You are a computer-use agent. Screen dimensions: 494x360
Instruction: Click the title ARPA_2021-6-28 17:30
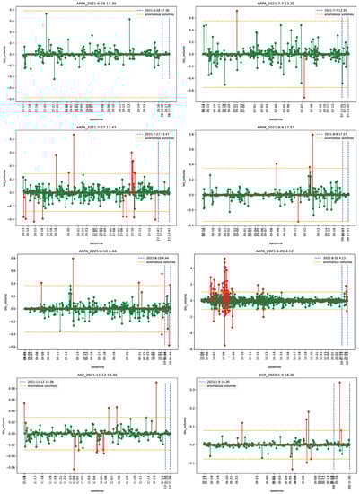pyautogui.click(x=93, y=4)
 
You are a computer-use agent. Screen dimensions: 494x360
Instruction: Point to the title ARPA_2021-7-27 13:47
pyautogui.click(x=93, y=128)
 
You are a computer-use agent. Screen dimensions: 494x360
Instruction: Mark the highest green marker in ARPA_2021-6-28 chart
pyautogui.click(x=47, y=14)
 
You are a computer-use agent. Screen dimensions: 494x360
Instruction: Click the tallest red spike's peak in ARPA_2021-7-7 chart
pyautogui.click(x=236, y=11)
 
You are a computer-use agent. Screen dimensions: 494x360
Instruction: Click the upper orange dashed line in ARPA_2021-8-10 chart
pyautogui.click(x=93, y=286)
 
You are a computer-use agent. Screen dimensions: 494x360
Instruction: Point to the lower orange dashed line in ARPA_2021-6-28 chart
pyautogui.click(x=93, y=88)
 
